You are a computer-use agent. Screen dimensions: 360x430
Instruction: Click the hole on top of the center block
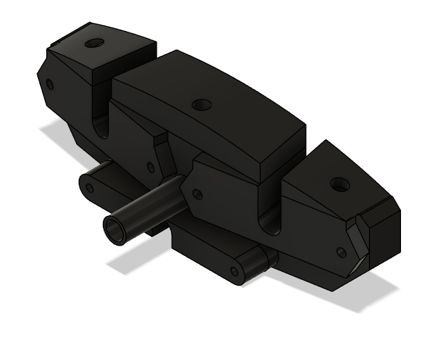click(x=202, y=105)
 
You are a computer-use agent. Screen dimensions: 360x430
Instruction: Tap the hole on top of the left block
click(x=94, y=43)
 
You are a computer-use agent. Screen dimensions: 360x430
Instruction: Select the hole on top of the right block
click(x=338, y=185)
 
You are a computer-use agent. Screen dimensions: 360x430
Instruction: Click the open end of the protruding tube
click(x=114, y=229)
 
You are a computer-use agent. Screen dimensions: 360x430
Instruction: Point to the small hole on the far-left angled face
click(x=49, y=85)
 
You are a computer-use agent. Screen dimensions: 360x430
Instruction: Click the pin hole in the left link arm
click(x=88, y=186)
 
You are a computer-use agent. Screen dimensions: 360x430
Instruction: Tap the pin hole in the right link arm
click(x=235, y=271)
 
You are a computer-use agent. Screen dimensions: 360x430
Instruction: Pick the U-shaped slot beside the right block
click(x=270, y=221)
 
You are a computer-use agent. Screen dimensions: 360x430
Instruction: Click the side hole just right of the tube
click(x=197, y=194)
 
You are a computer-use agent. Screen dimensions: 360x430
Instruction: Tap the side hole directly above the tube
click(x=150, y=168)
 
